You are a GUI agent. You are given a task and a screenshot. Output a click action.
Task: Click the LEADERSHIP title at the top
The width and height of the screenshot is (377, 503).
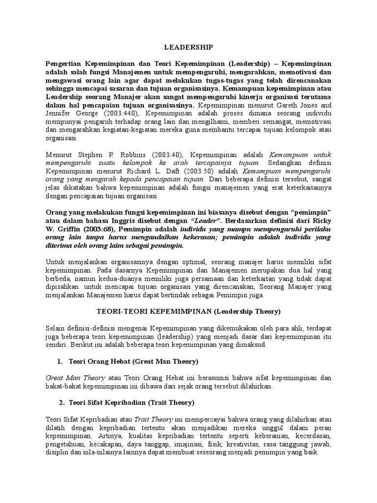(188, 47)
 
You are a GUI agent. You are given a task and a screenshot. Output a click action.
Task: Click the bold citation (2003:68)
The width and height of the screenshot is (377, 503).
(87, 229)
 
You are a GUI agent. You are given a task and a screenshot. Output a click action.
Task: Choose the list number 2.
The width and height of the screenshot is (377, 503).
(61, 403)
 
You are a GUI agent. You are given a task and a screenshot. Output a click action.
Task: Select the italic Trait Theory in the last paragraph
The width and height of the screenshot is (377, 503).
(157, 419)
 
